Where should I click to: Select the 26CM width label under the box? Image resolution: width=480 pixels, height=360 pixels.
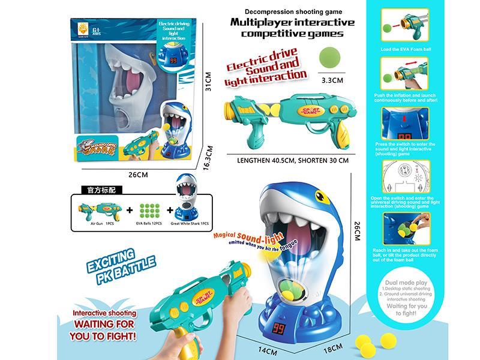point(138,175)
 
